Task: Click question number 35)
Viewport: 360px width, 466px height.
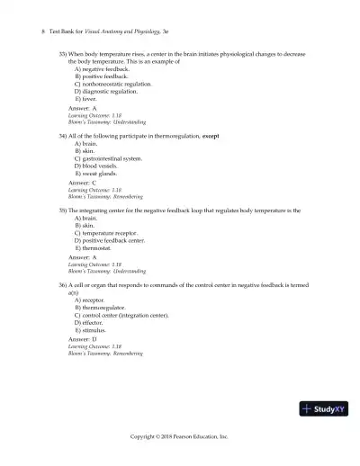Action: pos(62,210)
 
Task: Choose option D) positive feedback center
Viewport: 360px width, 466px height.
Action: pos(110,240)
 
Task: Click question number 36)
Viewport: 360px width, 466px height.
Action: pos(62,284)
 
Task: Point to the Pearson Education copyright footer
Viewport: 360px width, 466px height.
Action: pos(179,435)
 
